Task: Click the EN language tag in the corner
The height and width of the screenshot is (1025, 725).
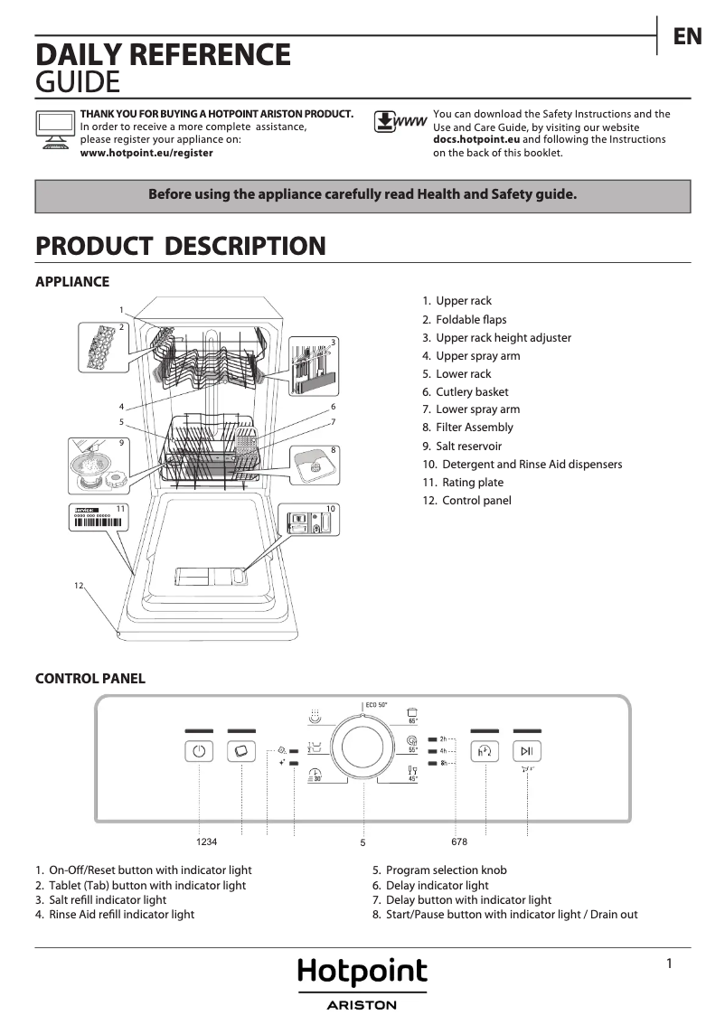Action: pos(687,36)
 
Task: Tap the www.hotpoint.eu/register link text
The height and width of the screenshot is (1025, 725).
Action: pos(146,153)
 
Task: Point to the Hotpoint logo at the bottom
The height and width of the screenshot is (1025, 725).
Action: pos(362,973)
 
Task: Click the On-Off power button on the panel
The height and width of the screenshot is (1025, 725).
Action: pos(199,751)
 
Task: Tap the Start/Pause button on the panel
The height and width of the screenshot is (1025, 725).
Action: pos(527,751)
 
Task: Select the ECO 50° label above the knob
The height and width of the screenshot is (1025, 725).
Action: pos(376,704)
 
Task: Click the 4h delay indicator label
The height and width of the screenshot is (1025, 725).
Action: pos(444,751)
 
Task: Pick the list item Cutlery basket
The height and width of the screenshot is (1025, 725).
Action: pos(471,391)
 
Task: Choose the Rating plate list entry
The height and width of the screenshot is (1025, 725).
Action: pos(472,483)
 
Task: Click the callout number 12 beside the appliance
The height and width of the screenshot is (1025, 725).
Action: pos(79,587)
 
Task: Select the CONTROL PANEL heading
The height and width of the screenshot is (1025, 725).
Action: pos(89,678)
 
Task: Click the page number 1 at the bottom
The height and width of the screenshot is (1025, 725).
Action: pos(669,964)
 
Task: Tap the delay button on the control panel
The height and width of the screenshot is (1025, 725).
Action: pos(485,751)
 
